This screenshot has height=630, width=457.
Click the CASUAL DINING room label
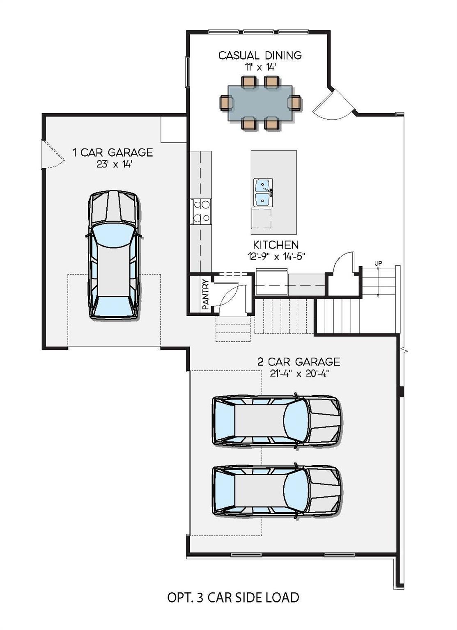(260, 55)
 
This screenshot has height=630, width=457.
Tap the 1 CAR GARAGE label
(113, 153)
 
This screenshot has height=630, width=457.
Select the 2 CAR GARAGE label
(299, 362)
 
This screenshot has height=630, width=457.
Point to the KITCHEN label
(276, 245)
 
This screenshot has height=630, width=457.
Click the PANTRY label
(206, 294)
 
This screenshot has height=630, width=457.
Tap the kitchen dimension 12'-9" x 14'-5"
(276, 256)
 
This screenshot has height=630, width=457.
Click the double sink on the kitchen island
(263, 193)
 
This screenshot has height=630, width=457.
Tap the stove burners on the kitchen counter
(201, 211)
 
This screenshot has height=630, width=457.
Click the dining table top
(260, 103)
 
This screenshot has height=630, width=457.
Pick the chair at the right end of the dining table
(295, 103)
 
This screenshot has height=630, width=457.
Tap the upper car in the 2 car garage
(276, 420)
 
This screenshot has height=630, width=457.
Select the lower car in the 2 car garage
(276, 490)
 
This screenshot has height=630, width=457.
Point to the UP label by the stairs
(378, 263)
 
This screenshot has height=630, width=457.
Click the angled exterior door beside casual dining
(333, 105)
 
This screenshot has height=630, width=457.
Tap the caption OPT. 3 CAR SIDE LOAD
(233, 598)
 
